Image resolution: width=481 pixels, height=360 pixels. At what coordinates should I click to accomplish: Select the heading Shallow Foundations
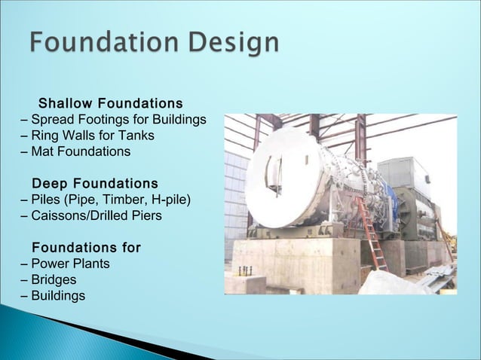point(110,102)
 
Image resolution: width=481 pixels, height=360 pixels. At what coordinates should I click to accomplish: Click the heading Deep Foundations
point(95,184)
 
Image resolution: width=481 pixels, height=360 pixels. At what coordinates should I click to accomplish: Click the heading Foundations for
point(86,248)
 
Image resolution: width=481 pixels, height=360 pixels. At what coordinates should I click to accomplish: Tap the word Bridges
point(54,280)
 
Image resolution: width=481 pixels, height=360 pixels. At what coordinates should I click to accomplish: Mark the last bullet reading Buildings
point(58,296)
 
